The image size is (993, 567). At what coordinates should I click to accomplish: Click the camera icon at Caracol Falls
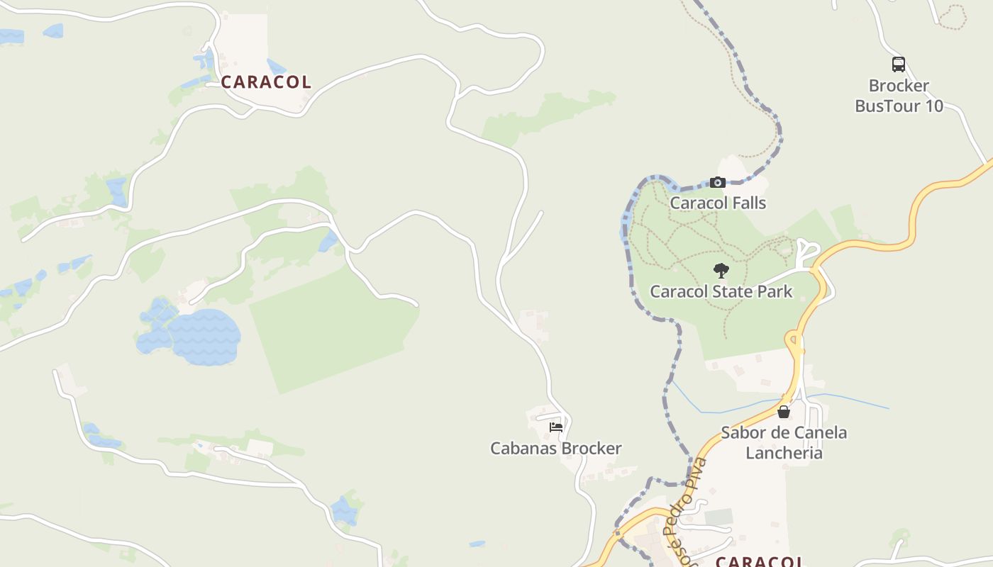tap(718, 183)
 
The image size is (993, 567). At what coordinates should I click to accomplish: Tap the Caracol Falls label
tap(718, 203)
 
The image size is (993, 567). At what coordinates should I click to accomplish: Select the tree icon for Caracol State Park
tap(721, 270)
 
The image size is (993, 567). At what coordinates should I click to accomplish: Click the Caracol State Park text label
tap(721, 291)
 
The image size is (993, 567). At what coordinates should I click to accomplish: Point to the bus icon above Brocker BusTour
tap(899, 64)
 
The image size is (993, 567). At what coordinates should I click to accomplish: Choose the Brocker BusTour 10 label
tap(899, 96)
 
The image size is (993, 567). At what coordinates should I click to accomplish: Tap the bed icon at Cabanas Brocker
tap(556, 427)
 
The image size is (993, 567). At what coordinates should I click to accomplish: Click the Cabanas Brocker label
tap(556, 449)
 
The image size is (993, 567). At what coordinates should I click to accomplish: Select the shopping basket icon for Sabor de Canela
tap(784, 412)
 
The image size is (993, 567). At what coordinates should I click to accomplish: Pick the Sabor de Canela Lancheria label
tap(784, 443)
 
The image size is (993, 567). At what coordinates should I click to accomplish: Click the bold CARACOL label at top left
tap(266, 82)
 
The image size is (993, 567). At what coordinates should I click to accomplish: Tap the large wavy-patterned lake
tap(204, 336)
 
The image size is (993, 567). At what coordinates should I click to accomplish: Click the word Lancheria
tap(784, 454)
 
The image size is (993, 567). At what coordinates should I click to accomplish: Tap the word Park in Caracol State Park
tap(775, 291)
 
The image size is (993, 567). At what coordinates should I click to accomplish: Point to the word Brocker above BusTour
tap(899, 86)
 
